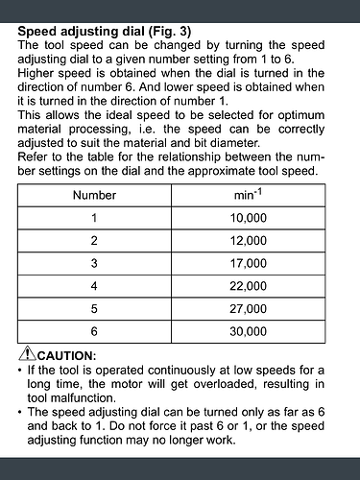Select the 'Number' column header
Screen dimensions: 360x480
pyautogui.click(x=94, y=195)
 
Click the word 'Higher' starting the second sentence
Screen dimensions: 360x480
pyautogui.click(x=38, y=71)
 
